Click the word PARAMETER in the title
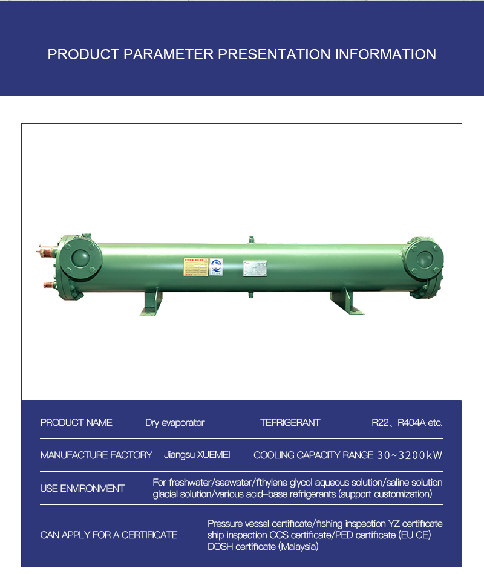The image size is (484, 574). [169, 54]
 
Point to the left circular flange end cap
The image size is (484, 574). [80, 258]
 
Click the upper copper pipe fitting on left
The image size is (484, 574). [47, 248]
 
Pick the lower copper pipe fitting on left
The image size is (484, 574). [47, 284]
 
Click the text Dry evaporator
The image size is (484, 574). [175, 423]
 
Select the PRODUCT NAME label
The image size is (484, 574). [76, 423]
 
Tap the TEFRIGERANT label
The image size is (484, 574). [290, 423]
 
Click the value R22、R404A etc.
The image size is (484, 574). [407, 423]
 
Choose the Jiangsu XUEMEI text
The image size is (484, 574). [197, 455]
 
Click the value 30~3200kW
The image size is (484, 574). [410, 455]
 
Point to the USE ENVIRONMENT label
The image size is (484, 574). [82, 489]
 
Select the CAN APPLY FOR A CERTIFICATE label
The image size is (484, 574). [109, 535]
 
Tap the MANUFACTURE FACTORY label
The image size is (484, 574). [96, 455]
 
